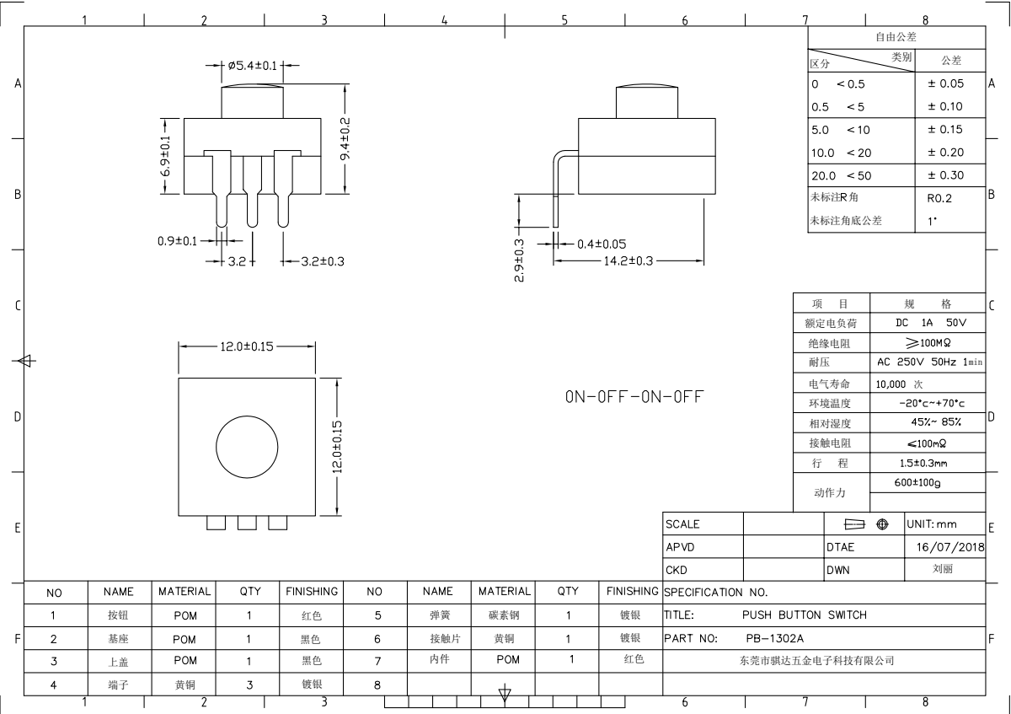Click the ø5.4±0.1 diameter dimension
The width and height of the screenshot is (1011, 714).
(252, 66)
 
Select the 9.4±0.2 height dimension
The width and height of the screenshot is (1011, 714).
(345, 138)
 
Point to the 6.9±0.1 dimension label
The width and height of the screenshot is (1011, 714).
(166, 156)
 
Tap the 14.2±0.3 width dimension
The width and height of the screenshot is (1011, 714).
(629, 261)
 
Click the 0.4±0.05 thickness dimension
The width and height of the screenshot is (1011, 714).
(602, 244)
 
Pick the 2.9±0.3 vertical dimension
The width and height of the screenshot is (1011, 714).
(519, 260)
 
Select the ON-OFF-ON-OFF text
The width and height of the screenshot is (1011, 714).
(634, 396)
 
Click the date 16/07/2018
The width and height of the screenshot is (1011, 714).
(950, 547)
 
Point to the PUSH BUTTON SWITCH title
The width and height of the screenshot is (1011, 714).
(805, 615)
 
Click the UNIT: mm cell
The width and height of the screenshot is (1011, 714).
(932, 524)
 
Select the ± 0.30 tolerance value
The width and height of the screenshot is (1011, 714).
(945, 175)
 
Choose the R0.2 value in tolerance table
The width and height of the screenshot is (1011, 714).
(939, 198)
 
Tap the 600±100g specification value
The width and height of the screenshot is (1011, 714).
(917, 483)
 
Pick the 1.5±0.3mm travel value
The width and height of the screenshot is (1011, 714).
(923, 464)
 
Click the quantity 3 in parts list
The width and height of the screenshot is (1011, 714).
(249, 685)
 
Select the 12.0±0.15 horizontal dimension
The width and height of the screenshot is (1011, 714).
(246, 346)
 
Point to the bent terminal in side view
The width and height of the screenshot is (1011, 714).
(555, 190)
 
